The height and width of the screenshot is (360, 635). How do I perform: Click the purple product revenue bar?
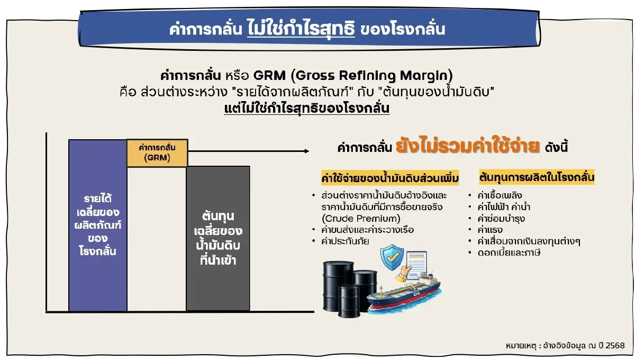[x=98, y=225]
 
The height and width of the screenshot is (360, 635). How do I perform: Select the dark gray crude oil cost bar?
[x=217, y=238]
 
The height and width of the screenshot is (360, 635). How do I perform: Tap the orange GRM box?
[x=157, y=153]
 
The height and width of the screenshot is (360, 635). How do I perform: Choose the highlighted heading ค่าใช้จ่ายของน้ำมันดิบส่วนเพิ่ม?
[x=390, y=176]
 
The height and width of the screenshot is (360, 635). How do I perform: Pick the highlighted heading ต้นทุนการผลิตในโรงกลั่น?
[x=537, y=176]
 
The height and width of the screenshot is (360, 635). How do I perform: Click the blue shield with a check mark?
[x=393, y=258]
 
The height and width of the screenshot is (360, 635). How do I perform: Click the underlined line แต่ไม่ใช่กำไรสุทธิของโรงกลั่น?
[x=307, y=109]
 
